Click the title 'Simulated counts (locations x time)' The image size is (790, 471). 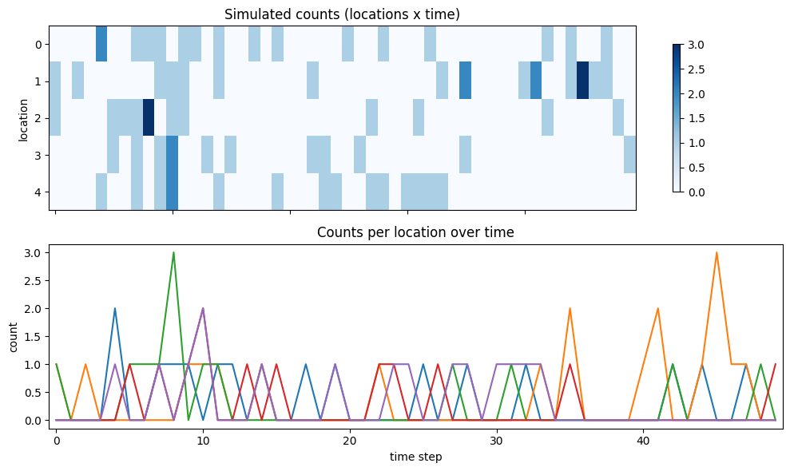point(342,14)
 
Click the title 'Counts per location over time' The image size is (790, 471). point(415,232)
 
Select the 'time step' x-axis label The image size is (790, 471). point(415,457)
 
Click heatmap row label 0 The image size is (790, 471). point(38,44)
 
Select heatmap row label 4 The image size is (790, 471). point(38,192)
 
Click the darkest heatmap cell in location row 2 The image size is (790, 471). point(148,118)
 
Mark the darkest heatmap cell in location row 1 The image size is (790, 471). point(582,81)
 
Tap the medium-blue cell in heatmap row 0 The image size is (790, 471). point(101,44)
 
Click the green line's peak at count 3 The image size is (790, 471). point(173,253)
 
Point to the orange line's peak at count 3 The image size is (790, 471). point(717,253)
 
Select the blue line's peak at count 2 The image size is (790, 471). point(115,309)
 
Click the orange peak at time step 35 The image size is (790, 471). point(570,309)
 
